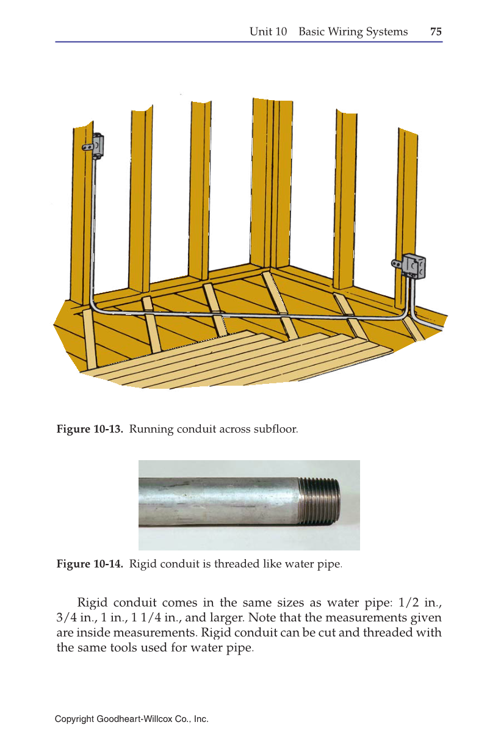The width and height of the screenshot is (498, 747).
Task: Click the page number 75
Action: click(x=436, y=32)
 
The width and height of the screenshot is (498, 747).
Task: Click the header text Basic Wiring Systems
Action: click(x=353, y=32)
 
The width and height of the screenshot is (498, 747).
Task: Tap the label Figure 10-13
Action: click(x=90, y=429)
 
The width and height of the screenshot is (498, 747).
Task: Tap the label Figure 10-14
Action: click(x=90, y=563)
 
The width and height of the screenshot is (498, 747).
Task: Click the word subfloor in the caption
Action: click(x=278, y=429)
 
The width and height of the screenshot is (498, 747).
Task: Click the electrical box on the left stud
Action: click(x=95, y=146)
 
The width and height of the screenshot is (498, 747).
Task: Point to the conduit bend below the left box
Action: click(x=96, y=305)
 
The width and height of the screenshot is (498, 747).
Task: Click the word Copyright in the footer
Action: click(x=74, y=720)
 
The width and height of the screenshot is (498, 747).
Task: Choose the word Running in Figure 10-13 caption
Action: click(x=151, y=429)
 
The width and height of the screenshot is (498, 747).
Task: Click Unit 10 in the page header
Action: click(x=268, y=32)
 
